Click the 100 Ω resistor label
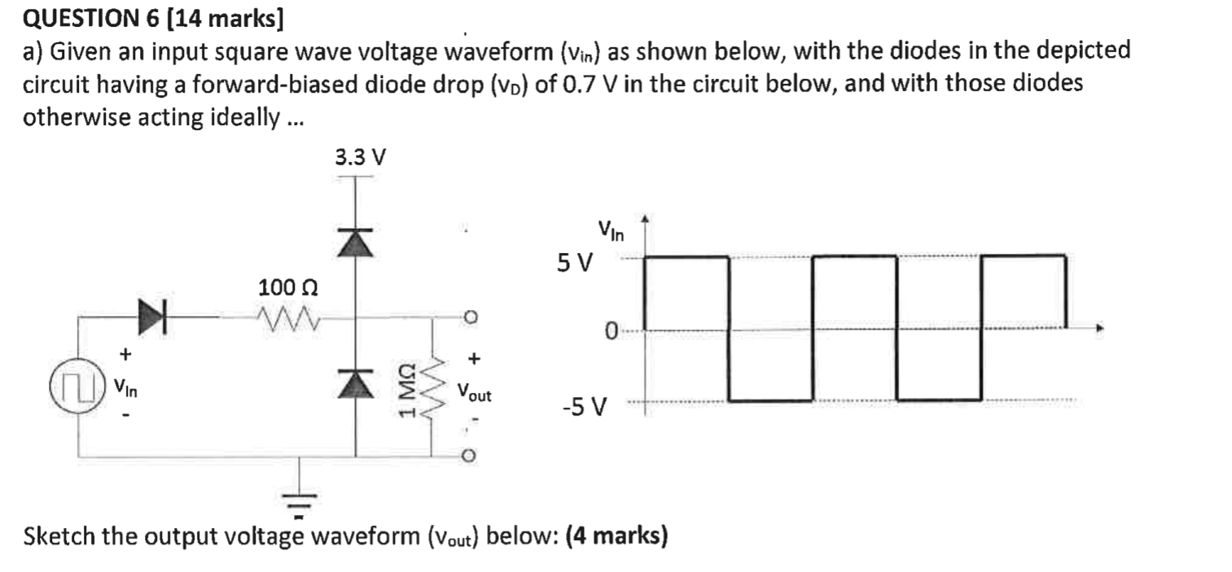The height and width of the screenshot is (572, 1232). click(x=287, y=288)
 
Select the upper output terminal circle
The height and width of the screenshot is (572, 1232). click(x=469, y=316)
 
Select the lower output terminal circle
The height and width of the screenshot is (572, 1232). click(x=469, y=457)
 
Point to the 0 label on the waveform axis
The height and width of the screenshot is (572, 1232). click(x=611, y=330)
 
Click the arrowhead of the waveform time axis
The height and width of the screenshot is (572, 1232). click(x=1100, y=329)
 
